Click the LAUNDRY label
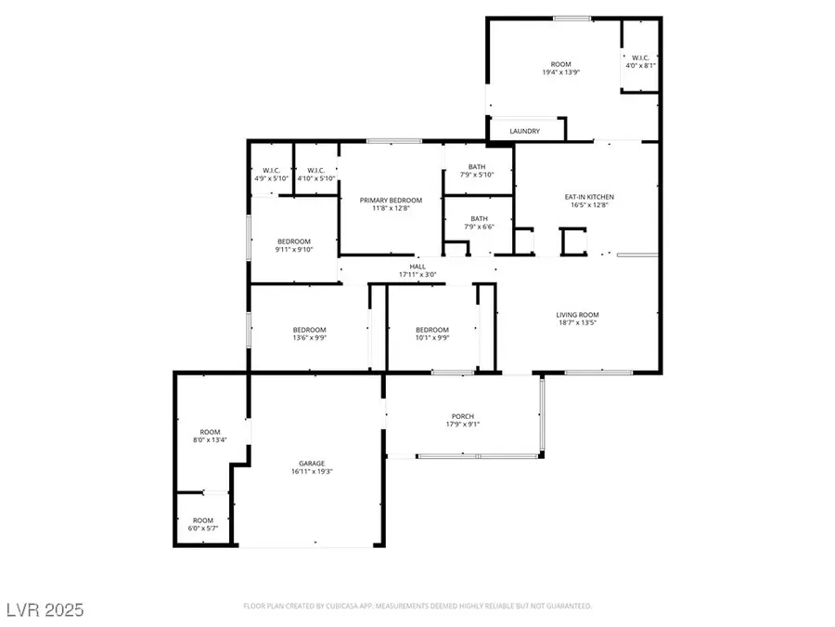tap(524, 131)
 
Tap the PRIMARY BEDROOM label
tap(391, 201)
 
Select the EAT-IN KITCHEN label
tap(589, 197)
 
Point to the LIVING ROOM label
tap(577, 315)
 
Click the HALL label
tap(417, 267)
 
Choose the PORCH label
tap(463, 416)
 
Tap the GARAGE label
tap(312, 464)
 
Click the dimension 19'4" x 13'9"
tap(560, 72)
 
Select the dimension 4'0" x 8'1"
tap(640, 66)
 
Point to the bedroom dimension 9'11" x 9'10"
tap(294, 250)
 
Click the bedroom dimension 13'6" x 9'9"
tap(309, 338)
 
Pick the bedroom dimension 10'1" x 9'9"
tap(432, 338)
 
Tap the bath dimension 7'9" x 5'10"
tap(477, 175)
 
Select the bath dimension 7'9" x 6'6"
tap(480, 227)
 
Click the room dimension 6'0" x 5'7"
tap(203, 529)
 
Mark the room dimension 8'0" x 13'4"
tap(210, 440)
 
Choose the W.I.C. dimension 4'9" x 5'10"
tap(272, 178)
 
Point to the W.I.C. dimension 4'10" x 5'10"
tap(316, 178)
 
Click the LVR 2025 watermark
tap(45, 610)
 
